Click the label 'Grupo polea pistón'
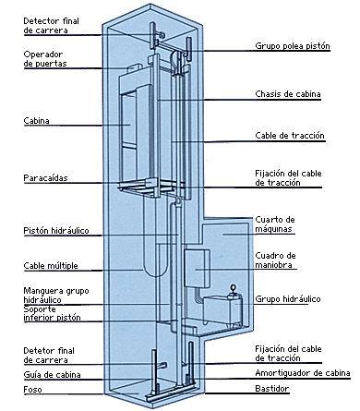pos(293,46)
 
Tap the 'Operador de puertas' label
pos(45,59)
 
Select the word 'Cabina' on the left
pos(36,121)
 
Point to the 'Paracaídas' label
pos(45,178)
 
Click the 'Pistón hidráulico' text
pos(56,231)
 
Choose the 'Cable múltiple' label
pos(51,266)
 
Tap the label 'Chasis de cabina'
pos(288,94)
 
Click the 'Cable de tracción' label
pos(290,136)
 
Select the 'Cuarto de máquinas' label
pos(275,224)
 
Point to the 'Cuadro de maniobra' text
pos(275,260)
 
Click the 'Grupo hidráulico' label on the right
pos(288,299)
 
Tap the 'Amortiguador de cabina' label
pos(303,373)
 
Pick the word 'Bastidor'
pos(272,388)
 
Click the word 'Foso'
pos(32,390)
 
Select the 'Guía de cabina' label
pos(52,375)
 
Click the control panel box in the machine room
pos(197,269)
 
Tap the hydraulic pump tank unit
pos(222,309)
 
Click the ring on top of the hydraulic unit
pos(234,288)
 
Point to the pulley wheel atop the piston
pos(174,58)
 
